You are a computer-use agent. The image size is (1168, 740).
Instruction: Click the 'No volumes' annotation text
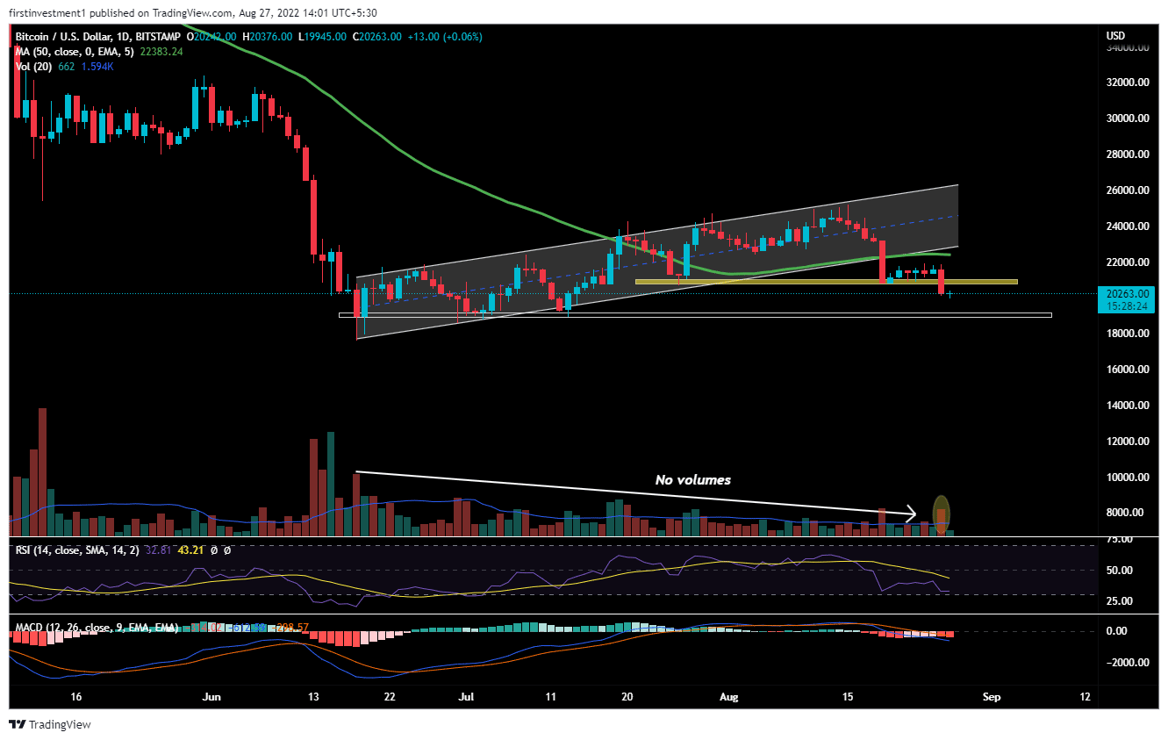(692, 480)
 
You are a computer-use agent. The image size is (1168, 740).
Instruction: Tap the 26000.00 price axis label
(1127, 190)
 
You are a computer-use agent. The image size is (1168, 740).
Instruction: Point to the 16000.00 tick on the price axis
(1127, 370)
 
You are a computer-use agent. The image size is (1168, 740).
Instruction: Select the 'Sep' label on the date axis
(992, 697)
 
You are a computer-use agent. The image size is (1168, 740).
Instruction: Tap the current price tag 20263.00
(1129, 294)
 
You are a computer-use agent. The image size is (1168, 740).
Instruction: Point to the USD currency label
(1115, 36)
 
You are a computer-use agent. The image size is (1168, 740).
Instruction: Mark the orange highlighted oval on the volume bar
(941, 514)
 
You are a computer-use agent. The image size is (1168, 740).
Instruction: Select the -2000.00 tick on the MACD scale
(1127, 663)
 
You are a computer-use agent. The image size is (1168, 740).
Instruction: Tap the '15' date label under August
(847, 697)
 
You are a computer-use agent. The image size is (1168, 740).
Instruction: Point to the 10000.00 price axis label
(1127, 478)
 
